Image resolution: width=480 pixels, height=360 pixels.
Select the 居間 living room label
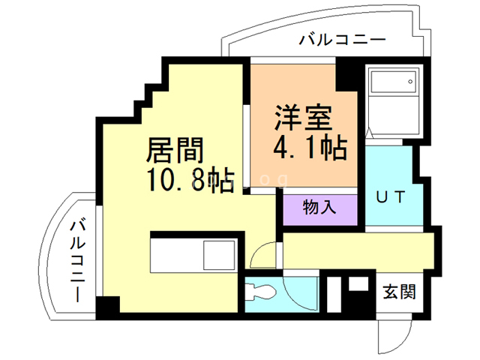(x=174, y=152)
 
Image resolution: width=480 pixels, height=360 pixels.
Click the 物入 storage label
(x=320, y=206)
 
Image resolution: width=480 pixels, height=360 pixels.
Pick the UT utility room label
(x=390, y=198)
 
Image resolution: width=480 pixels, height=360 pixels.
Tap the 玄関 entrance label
(x=399, y=289)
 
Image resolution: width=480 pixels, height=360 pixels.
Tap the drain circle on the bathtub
(x=409, y=79)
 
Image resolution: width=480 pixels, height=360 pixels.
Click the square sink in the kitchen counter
(x=220, y=256)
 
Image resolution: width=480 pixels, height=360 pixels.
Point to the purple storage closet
(x=320, y=210)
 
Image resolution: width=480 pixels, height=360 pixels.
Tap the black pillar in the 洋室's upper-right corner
(x=347, y=74)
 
